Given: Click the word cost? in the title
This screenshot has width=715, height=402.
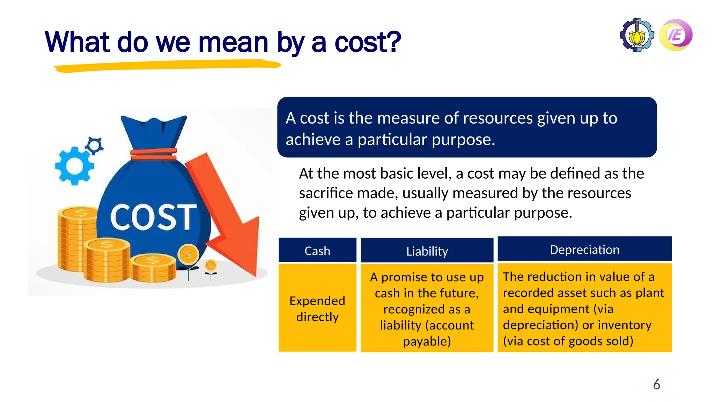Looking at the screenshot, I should [367, 42].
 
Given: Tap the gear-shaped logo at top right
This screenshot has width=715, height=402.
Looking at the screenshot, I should [637, 35].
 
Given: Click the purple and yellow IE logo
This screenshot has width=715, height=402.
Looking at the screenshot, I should [676, 35].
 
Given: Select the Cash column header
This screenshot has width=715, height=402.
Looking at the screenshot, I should [317, 251].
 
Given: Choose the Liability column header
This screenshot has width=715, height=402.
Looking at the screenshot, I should [427, 251].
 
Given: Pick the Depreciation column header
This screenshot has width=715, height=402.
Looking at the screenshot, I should [584, 249].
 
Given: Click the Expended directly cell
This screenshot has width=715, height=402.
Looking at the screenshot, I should [317, 308].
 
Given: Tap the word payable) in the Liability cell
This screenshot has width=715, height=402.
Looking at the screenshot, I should [427, 341].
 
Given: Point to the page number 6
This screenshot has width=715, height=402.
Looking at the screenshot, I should [656, 384].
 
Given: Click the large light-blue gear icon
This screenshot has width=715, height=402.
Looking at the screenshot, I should [74, 166].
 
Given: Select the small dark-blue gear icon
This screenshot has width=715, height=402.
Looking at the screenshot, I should [94, 145].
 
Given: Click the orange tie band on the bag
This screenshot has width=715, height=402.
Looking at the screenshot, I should [154, 154].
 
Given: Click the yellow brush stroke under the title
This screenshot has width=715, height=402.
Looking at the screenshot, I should [168, 66].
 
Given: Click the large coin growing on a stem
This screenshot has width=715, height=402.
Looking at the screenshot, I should [188, 254].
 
